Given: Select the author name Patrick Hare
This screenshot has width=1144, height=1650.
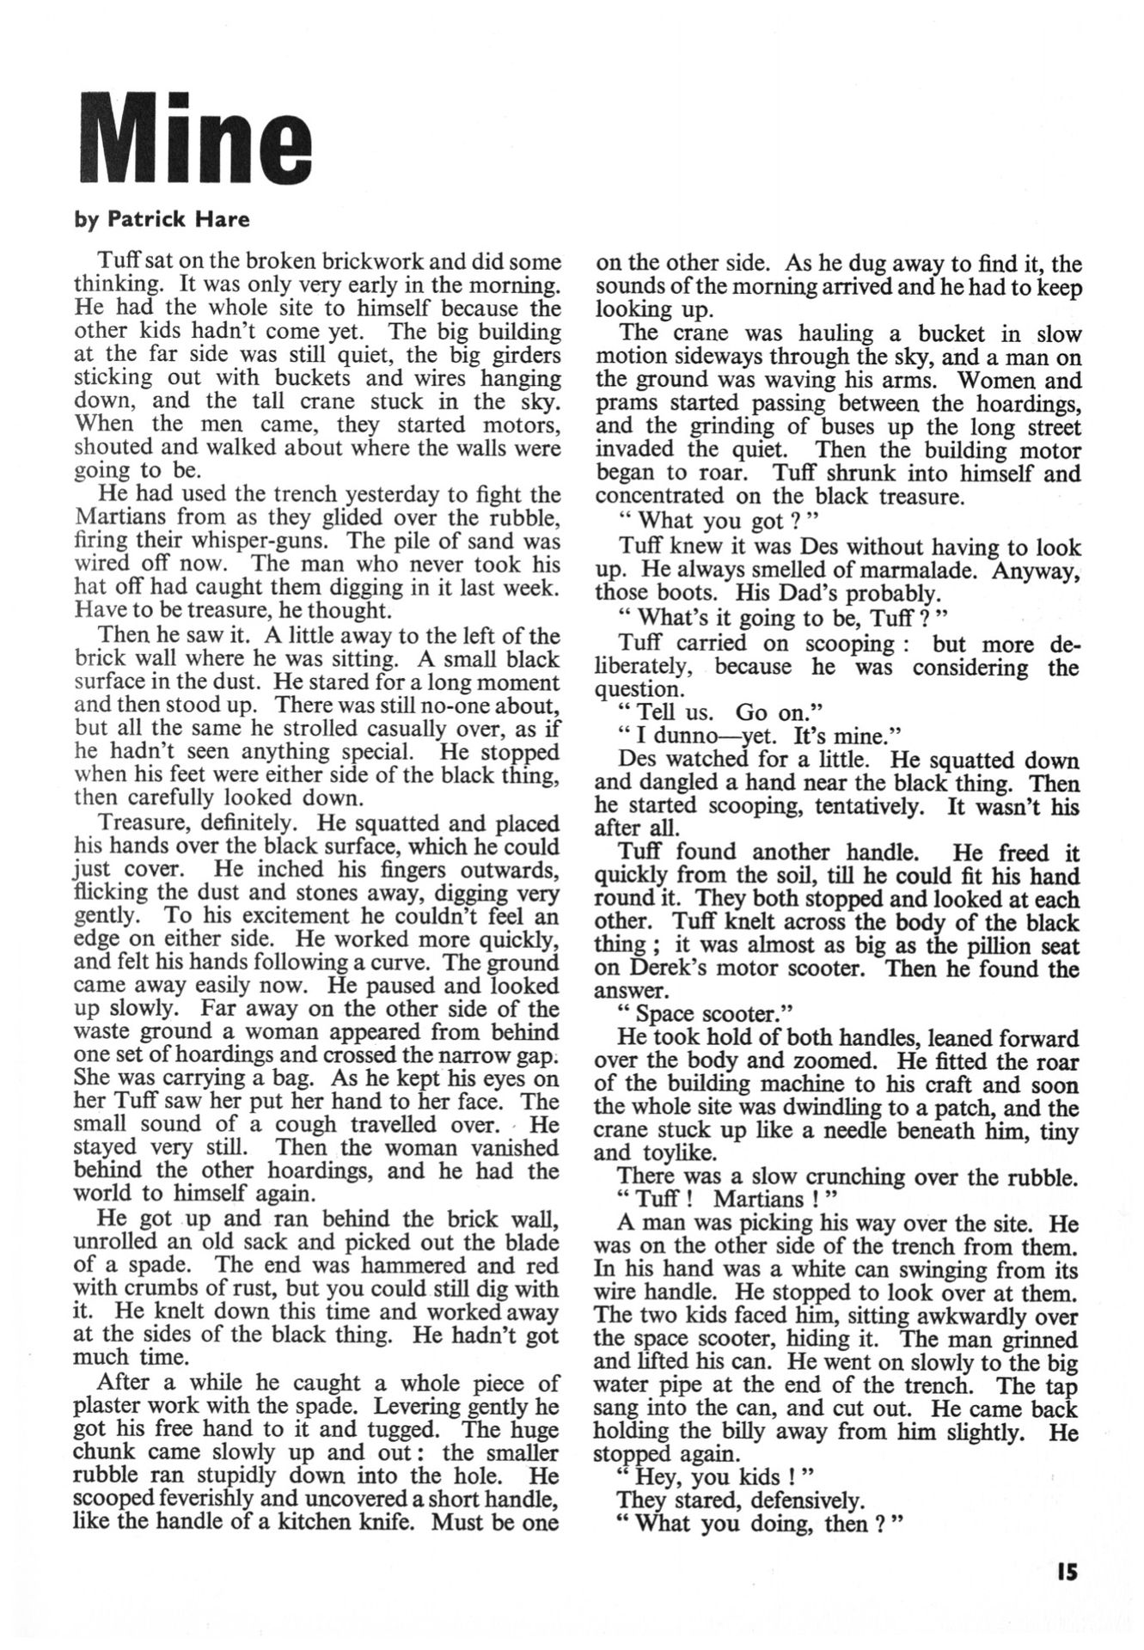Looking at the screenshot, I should click(178, 220).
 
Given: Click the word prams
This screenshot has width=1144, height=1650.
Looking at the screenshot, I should click(623, 403).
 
